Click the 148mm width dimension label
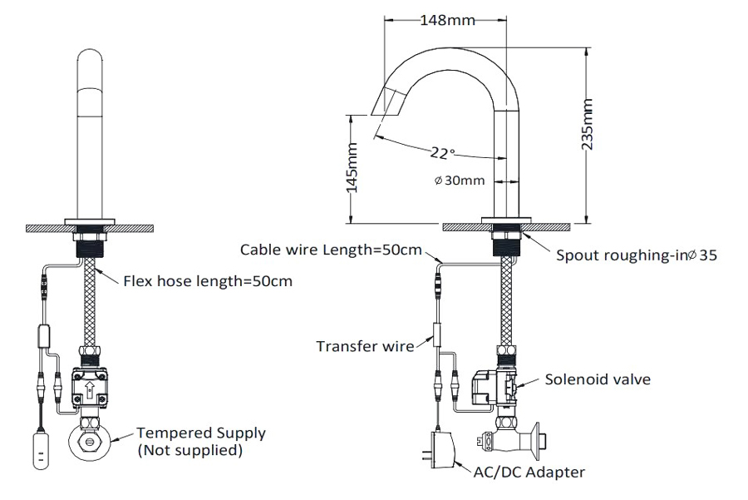(x=448, y=19)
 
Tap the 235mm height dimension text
(x=588, y=123)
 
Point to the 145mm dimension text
(x=352, y=168)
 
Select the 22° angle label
(x=442, y=152)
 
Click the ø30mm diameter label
(x=459, y=181)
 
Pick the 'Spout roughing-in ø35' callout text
(x=636, y=255)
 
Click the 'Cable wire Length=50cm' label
(x=331, y=250)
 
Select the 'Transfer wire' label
(x=365, y=345)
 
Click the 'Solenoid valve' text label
(x=598, y=379)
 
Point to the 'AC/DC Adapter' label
(x=529, y=473)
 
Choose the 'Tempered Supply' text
(x=201, y=433)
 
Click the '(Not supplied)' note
(x=190, y=450)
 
